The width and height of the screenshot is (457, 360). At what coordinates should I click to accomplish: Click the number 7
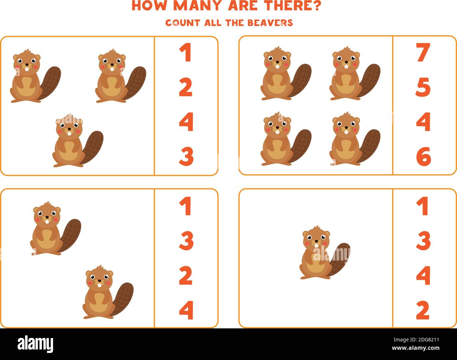point(423,53)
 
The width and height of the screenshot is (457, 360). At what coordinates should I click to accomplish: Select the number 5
point(423,87)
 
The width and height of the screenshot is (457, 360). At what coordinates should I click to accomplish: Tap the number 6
point(424,157)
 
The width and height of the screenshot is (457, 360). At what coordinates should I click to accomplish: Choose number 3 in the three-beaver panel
point(186,157)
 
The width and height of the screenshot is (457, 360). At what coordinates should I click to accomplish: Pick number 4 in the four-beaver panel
point(424,122)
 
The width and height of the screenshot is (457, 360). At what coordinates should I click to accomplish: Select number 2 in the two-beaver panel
point(186,276)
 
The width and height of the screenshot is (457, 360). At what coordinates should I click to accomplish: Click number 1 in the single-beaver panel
point(422,206)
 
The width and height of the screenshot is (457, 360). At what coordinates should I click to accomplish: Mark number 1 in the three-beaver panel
point(185,53)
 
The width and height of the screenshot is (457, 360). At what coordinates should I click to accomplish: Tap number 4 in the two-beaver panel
point(186,310)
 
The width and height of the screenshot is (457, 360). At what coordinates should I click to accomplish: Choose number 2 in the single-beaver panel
point(423,310)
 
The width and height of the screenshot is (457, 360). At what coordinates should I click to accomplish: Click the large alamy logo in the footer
point(36,343)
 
